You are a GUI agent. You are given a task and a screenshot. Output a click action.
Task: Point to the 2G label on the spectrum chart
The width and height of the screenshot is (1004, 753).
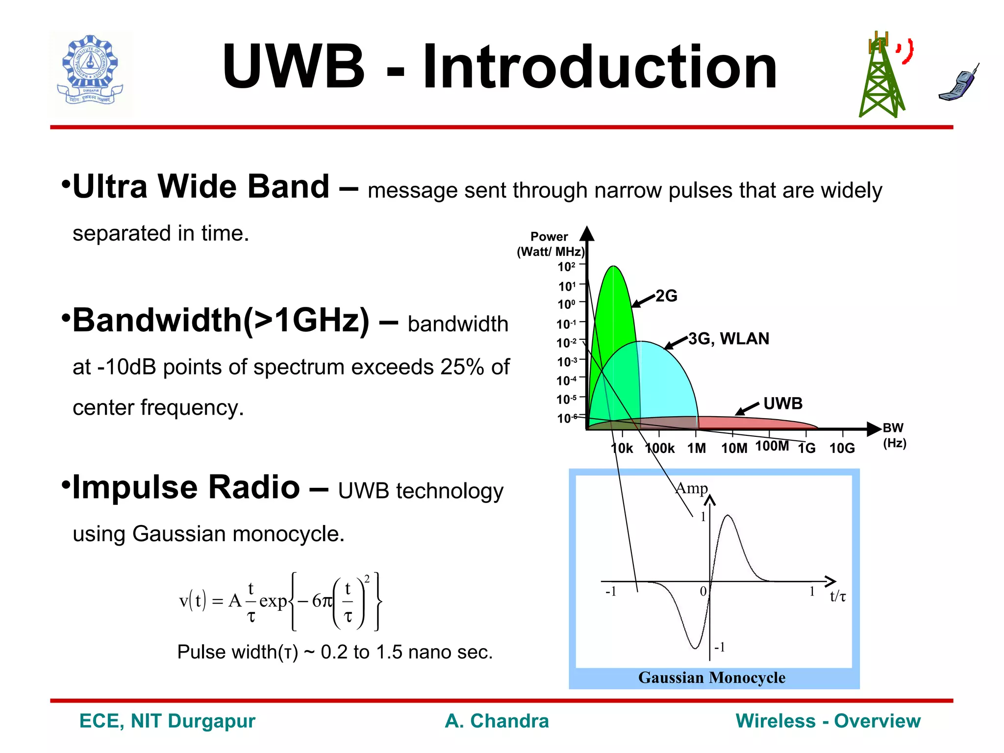click(666, 296)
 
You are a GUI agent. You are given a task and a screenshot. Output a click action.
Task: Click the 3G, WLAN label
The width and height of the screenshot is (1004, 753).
click(728, 339)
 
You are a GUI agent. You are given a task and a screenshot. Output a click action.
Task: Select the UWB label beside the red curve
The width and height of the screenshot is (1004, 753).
click(783, 403)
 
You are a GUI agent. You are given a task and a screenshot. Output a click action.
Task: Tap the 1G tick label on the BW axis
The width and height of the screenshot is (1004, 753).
click(806, 448)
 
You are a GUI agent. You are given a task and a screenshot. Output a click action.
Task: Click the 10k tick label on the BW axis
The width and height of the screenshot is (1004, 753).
click(622, 448)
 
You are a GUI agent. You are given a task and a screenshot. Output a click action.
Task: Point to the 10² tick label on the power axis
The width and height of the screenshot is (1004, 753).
click(566, 267)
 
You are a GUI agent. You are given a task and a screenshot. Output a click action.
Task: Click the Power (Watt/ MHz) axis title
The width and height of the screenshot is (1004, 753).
click(550, 244)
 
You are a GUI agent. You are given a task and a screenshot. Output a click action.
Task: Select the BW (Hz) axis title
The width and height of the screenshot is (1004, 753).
click(894, 435)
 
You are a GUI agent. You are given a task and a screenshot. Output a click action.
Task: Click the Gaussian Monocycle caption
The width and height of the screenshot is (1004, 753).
click(711, 678)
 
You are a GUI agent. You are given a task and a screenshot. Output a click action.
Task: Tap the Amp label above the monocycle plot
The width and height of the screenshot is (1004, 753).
click(691, 488)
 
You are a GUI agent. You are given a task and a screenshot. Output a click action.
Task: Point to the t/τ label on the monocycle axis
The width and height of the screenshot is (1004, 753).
click(837, 597)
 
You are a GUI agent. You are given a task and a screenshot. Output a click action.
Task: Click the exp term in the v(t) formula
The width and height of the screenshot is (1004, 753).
click(273, 601)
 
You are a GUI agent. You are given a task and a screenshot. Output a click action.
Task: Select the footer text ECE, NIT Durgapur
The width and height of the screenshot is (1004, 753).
click(167, 721)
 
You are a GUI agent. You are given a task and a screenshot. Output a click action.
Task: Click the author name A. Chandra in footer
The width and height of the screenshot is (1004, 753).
click(497, 721)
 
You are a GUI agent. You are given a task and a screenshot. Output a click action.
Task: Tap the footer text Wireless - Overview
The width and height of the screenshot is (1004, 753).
click(828, 721)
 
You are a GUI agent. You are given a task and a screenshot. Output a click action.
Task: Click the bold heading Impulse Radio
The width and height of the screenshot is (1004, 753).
click(186, 487)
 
